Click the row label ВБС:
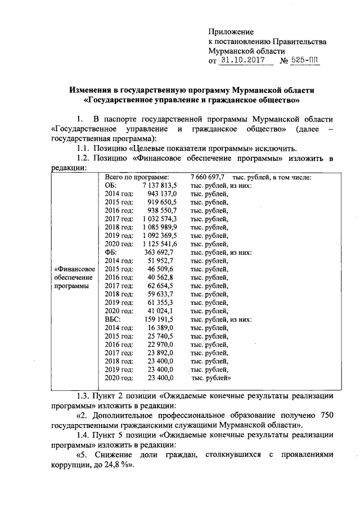tap(114, 320)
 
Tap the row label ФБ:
tap(111, 253)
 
